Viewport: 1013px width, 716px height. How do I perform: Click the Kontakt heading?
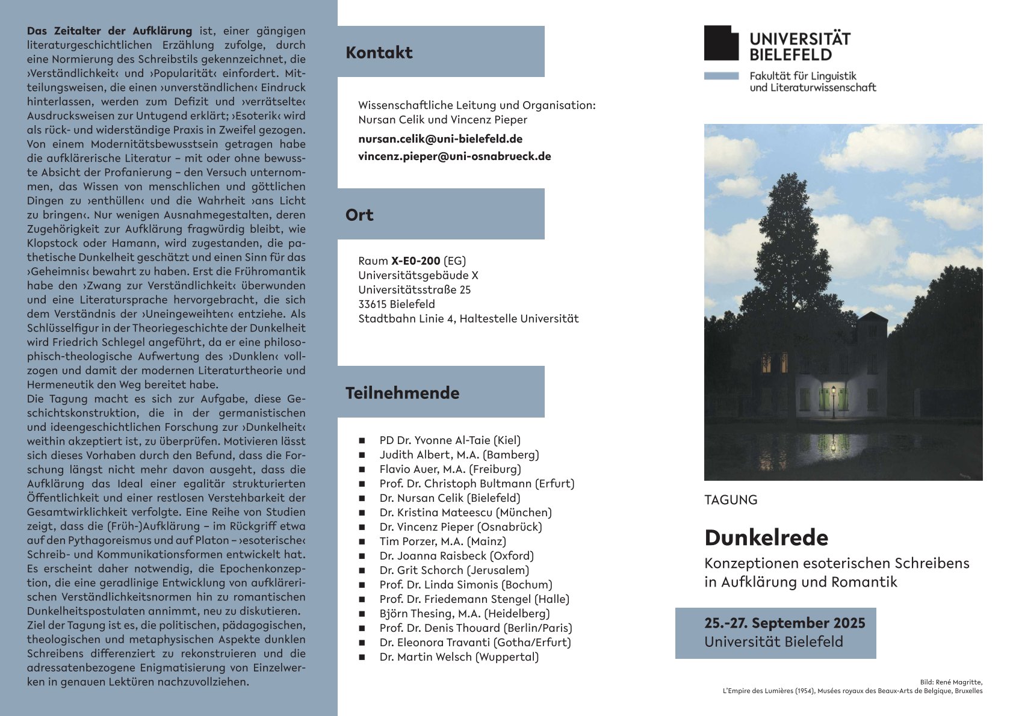(x=379, y=53)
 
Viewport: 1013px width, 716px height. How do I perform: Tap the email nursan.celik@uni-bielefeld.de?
(x=440, y=139)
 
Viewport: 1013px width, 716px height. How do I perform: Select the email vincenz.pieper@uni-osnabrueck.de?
(x=454, y=156)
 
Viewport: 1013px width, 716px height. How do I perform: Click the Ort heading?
(x=359, y=215)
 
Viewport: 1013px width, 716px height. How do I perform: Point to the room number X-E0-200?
(x=415, y=261)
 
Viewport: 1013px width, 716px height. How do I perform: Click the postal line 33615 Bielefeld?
(x=396, y=304)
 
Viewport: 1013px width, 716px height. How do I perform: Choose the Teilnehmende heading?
(x=402, y=393)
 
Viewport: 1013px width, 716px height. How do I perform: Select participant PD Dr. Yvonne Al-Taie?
(x=450, y=440)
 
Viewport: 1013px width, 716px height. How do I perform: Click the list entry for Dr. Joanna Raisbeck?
(x=456, y=556)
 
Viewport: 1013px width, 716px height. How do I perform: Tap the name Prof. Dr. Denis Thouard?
(x=476, y=628)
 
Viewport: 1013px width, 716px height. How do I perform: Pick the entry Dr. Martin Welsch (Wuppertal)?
(x=459, y=657)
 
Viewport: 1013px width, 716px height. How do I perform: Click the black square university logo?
(x=721, y=43)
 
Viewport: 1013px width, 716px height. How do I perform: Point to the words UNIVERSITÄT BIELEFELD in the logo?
(x=799, y=47)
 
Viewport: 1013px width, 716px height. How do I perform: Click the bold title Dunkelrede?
(x=766, y=538)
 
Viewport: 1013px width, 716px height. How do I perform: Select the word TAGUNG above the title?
(x=731, y=500)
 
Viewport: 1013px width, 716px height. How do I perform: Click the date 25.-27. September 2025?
(x=785, y=623)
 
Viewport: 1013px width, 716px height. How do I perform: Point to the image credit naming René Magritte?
(x=951, y=682)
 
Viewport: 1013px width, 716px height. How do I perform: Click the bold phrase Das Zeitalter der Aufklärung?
(x=110, y=31)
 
